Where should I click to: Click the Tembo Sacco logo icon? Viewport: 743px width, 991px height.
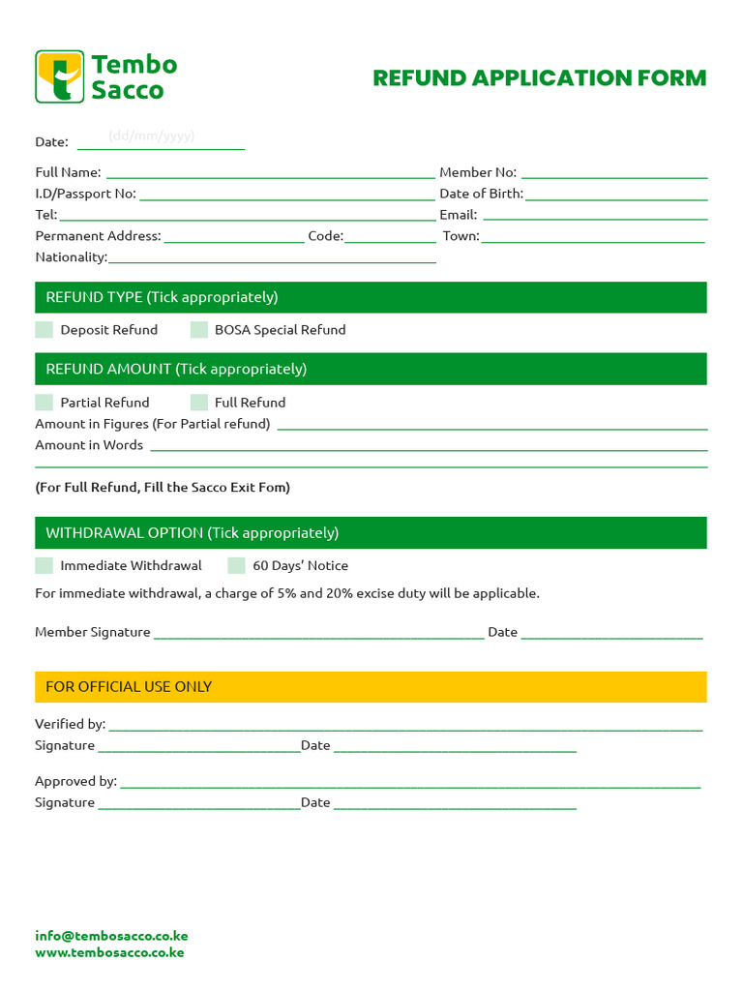click(x=60, y=77)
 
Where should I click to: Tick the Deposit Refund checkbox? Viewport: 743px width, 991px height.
click(x=45, y=330)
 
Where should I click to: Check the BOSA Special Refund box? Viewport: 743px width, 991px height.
click(x=199, y=330)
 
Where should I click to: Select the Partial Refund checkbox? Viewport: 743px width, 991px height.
click(x=45, y=403)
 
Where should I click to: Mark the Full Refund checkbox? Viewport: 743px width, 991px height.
click(x=199, y=403)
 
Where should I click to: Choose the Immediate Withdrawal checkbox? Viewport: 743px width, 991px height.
click(x=45, y=566)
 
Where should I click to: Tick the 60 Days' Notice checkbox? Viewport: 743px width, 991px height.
click(x=237, y=566)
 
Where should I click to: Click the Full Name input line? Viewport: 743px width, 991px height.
click(x=270, y=175)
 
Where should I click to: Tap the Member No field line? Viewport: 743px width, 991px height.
click(x=613, y=175)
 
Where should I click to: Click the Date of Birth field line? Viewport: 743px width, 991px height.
click(x=616, y=196)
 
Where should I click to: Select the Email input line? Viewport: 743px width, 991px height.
click(x=594, y=218)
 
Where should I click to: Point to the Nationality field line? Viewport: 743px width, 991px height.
click(x=272, y=260)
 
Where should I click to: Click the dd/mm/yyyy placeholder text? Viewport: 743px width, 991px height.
click(x=152, y=136)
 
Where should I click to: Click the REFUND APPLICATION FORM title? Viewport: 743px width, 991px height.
click(x=540, y=78)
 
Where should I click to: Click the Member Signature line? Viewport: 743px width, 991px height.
click(x=318, y=636)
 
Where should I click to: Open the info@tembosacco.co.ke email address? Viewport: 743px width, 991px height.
click(x=111, y=936)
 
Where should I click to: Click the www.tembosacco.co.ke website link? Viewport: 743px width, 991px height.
click(x=109, y=952)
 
